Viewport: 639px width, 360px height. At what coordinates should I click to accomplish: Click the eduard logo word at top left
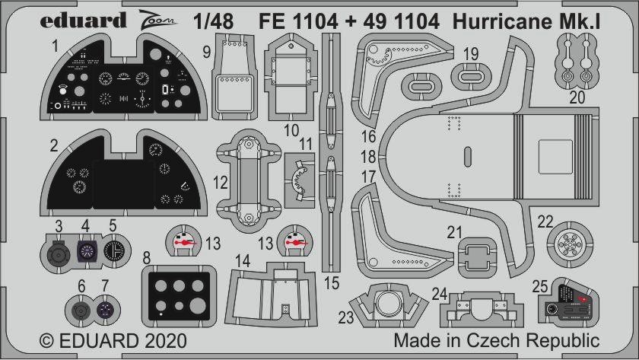83,21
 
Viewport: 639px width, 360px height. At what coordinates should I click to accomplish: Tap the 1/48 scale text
214,21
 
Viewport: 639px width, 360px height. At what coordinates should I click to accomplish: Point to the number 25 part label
540,286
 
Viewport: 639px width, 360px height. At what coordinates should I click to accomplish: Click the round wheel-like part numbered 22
570,244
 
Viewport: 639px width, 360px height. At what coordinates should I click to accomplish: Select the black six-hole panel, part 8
179,295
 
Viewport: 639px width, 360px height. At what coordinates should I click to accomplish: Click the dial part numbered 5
116,250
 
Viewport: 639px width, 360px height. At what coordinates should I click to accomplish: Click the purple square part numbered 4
87,250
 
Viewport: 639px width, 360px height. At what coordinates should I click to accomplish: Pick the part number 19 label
471,54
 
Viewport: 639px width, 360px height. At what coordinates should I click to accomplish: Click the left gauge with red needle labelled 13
183,241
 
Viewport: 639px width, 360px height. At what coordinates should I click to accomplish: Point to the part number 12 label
220,183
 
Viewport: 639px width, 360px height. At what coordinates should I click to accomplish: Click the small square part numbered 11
300,180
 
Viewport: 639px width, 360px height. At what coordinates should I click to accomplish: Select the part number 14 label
243,261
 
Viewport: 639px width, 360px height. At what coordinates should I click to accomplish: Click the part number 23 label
345,317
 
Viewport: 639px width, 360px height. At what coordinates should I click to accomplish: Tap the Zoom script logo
157,21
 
